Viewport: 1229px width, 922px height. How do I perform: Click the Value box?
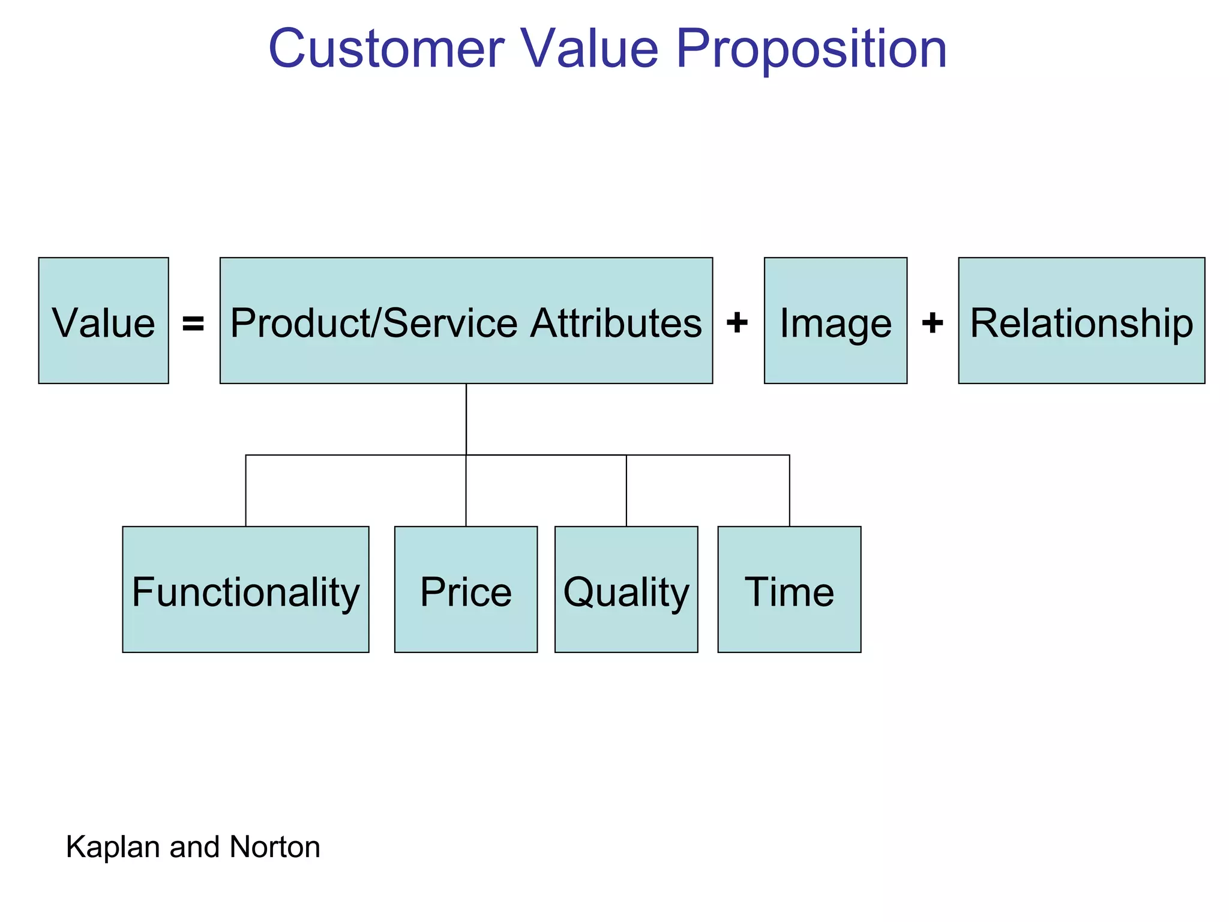point(103,321)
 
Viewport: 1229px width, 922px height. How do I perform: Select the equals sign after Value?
point(193,324)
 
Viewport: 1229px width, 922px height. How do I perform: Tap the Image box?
point(835,321)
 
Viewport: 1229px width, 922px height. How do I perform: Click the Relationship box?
point(1081,321)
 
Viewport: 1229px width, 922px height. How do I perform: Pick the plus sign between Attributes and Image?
point(737,322)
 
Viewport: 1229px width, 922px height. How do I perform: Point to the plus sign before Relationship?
point(932,322)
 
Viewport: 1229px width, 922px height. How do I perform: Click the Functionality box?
point(245,589)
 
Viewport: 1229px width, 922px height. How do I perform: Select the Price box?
point(466,589)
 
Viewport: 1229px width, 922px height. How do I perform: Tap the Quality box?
point(626,589)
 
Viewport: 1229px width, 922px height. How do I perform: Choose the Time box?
point(789,589)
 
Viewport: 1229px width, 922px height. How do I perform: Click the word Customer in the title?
point(386,49)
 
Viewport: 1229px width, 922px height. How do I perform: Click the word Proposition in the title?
point(811,49)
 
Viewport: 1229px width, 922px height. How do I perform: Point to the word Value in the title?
point(589,49)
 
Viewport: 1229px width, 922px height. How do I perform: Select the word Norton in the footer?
point(275,848)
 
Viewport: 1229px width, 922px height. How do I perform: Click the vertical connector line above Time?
point(789,491)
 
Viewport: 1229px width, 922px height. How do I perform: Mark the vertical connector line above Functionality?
point(245,491)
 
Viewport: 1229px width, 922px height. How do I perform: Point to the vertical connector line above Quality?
point(627,491)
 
